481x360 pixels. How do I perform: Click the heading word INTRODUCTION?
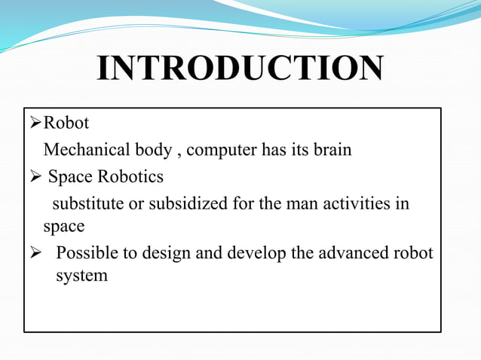coord(240,70)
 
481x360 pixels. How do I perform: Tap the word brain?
coord(329,150)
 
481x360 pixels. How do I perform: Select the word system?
coord(81,276)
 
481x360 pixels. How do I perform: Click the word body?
coord(152,150)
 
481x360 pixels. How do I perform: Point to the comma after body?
coord(178,153)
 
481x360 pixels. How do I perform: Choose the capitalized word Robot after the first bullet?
coord(67,123)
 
